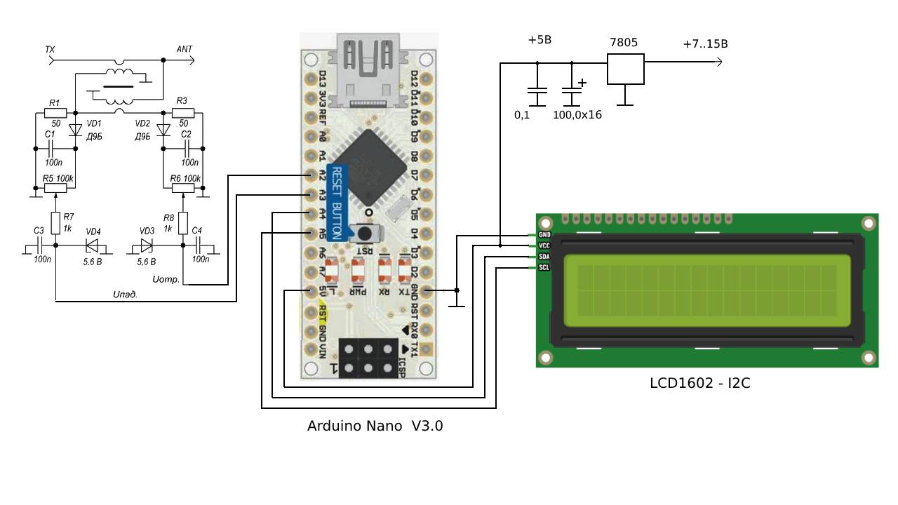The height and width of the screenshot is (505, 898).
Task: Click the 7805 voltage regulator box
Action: (625, 69)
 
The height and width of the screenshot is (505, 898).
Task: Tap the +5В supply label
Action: (540, 40)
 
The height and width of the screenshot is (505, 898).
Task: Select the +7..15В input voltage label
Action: (705, 43)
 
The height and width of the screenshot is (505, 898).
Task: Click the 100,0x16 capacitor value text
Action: (577, 114)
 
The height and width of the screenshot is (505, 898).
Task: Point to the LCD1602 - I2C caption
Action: (699, 383)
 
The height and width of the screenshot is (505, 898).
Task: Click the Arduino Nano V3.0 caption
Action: (375, 426)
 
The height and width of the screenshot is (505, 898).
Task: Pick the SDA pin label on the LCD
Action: (544, 257)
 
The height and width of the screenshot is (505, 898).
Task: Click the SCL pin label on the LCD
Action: (544, 267)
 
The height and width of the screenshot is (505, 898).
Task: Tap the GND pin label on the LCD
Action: (544, 235)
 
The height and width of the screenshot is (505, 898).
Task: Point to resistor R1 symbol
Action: (55, 112)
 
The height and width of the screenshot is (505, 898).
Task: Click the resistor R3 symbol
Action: (182, 112)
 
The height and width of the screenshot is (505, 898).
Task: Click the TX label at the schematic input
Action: (50, 49)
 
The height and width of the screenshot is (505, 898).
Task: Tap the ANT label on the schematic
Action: (185, 49)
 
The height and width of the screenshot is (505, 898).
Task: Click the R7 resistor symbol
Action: (55, 223)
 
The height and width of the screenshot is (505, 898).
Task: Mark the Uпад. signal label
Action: (125, 295)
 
